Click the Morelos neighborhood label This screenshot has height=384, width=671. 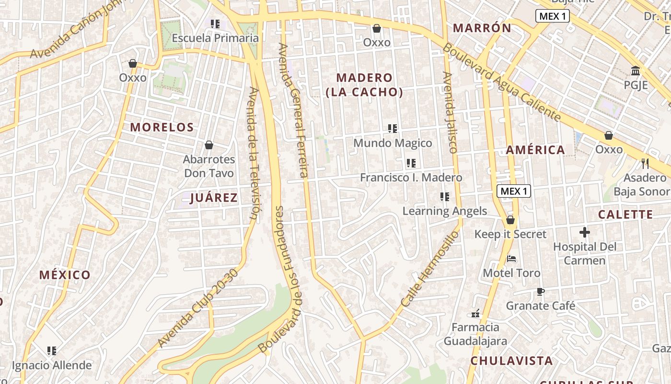pyautogui.click(x=162, y=127)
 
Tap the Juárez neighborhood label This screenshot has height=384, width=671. pyautogui.click(x=214, y=198)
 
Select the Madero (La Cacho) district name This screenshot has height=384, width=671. pyautogui.click(x=364, y=85)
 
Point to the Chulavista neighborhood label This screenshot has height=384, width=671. pyautogui.click(x=511, y=360)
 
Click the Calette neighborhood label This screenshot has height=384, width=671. pyautogui.click(x=625, y=215)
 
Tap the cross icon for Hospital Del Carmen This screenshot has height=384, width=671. pyautogui.click(x=584, y=233)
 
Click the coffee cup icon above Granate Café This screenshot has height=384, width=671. pyautogui.click(x=540, y=291)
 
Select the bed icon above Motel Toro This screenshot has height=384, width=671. pyautogui.click(x=511, y=259)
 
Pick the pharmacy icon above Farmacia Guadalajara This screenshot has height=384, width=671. pyautogui.click(x=475, y=313)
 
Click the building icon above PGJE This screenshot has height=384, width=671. pyautogui.click(x=636, y=71)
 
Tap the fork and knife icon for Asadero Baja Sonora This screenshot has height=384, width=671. pyautogui.click(x=645, y=164)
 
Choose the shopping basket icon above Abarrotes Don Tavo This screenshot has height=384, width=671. pyautogui.click(x=209, y=145)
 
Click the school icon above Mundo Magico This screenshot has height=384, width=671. pyautogui.click(x=393, y=129)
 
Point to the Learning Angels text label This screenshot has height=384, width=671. pyautogui.click(x=444, y=211)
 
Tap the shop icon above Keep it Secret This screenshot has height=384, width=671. pyautogui.click(x=510, y=220)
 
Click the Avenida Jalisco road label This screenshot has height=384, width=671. pyautogui.click(x=449, y=112)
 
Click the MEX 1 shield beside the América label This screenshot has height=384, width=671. pyautogui.click(x=513, y=191)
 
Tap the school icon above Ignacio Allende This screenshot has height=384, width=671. pyautogui.click(x=52, y=351)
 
